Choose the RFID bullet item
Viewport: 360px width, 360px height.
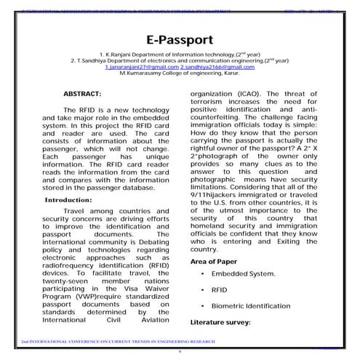click(x=220, y=289)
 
